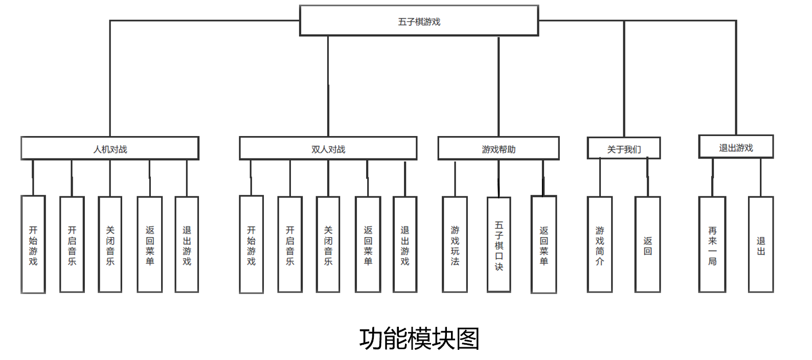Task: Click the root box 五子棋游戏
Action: (419, 21)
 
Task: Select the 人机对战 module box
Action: (110, 149)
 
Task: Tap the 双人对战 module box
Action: (328, 149)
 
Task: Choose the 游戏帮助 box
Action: (499, 149)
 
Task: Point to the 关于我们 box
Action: (624, 149)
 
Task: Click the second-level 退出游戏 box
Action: (736, 147)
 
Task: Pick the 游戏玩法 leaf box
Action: (455, 245)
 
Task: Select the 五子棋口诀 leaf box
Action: (499, 245)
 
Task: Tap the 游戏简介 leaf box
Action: (600, 245)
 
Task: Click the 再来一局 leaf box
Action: (712, 245)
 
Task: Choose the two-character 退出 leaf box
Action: (761, 245)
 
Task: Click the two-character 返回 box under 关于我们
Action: (647, 245)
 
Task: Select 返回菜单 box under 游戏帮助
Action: (544, 245)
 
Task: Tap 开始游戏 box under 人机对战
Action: (33, 245)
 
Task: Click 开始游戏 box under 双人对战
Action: (251, 245)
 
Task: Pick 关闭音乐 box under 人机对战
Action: (110, 245)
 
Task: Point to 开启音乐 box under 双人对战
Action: (290, 245)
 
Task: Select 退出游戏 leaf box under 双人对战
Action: (405, 245)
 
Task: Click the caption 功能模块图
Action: (419, 339)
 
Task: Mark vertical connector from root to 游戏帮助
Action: (499, 87)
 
